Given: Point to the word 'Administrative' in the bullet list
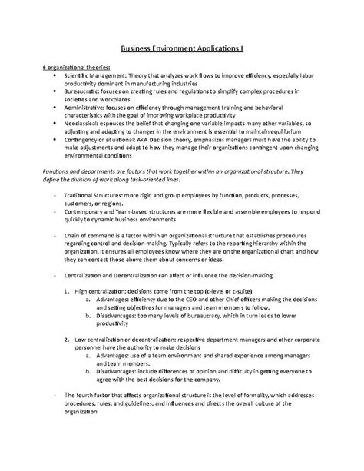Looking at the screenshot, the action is (x=85, y=110).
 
